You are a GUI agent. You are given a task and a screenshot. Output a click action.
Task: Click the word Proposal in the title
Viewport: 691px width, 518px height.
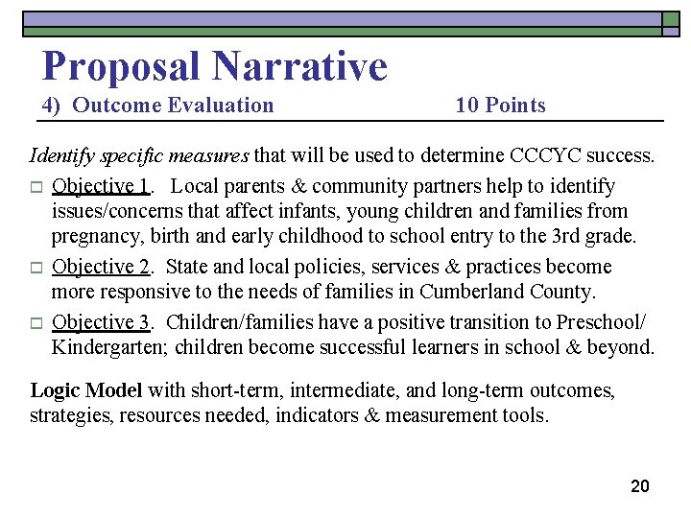(x=122, y=66)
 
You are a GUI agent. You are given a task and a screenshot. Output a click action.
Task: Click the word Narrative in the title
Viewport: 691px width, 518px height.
(x=300, y=66)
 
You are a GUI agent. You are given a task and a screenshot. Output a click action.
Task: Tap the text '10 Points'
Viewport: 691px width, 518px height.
(x=500, y=106)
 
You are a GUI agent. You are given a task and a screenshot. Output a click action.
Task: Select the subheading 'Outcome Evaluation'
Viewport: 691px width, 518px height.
(x=173, y=106)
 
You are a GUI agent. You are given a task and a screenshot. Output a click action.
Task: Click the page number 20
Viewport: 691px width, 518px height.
(x=640, y=486)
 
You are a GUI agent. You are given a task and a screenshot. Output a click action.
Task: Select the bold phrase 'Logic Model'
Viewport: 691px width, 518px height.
(x=86, y=390)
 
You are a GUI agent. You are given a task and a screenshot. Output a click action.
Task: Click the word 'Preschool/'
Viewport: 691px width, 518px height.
(x=607, y=321)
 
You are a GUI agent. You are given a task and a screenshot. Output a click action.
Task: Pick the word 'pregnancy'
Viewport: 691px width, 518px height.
(x=97, y=236)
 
